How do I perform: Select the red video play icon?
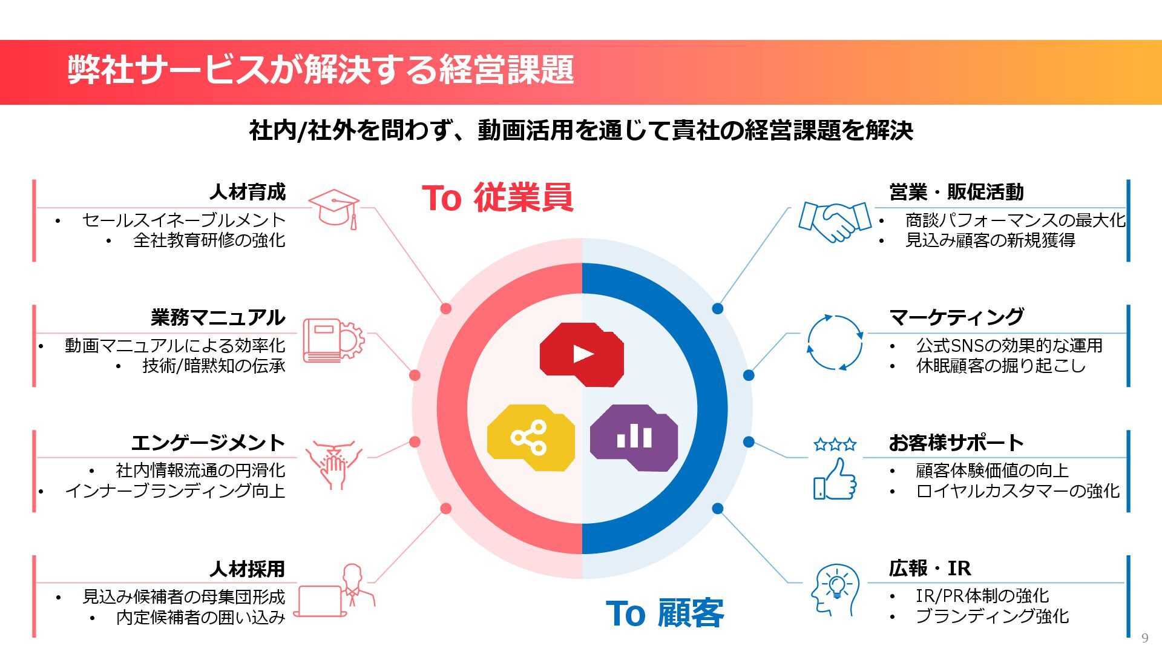[x=582, y=354]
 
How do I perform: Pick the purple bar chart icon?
[x=634, y=437]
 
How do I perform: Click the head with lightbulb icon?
[x=835, y=590]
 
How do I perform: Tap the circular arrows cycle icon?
[x=835, y=343]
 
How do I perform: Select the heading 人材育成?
[x=248, y=192]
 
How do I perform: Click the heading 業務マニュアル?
[x=218, y=317]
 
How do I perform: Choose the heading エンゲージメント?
[x=208, y=443]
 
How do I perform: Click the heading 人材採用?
[x=248, y=569]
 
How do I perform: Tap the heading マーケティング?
[x=956, y=317]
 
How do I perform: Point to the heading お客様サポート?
[x=956, y=443]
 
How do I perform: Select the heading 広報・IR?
[x=930, y=569]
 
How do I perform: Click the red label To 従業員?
[x=497, y=197]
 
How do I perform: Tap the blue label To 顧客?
[x=665, y=613]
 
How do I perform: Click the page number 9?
[x=1144, y=638]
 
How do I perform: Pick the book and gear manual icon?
[x=333, y=340]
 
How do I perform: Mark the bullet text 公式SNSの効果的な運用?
[x=1009, y=346]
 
